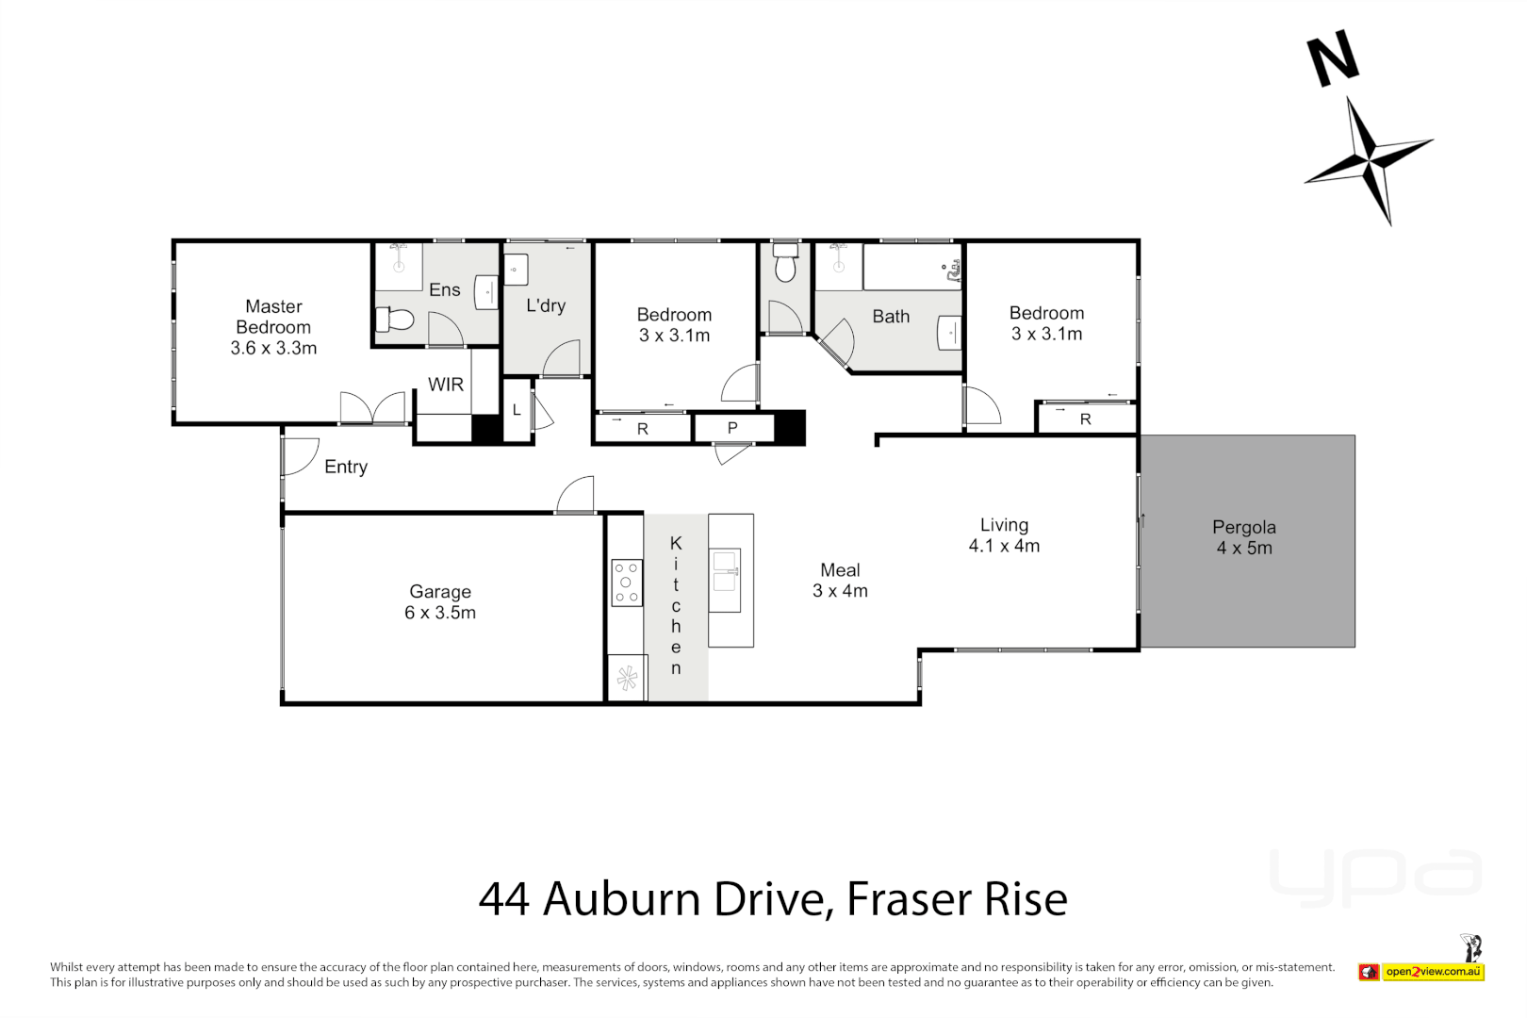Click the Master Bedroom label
pos(273,326)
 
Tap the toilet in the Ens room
pos(395,320)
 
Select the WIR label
pos(445,385)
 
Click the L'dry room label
pos(545,305)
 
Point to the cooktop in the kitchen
pos(626,583)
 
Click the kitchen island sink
pos(725,570)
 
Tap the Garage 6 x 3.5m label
pos(440,602)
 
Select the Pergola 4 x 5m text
pos(1243,537)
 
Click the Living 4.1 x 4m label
pos(1004,535)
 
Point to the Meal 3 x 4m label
pos(840,581)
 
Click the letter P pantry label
pos(732,428)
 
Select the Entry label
pos(345,467)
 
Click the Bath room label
pos(891,317)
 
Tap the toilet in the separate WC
pos(785,266)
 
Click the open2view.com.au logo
pos(1432,972)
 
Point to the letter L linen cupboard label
pos(517,411)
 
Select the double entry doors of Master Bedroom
pos(372,408)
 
